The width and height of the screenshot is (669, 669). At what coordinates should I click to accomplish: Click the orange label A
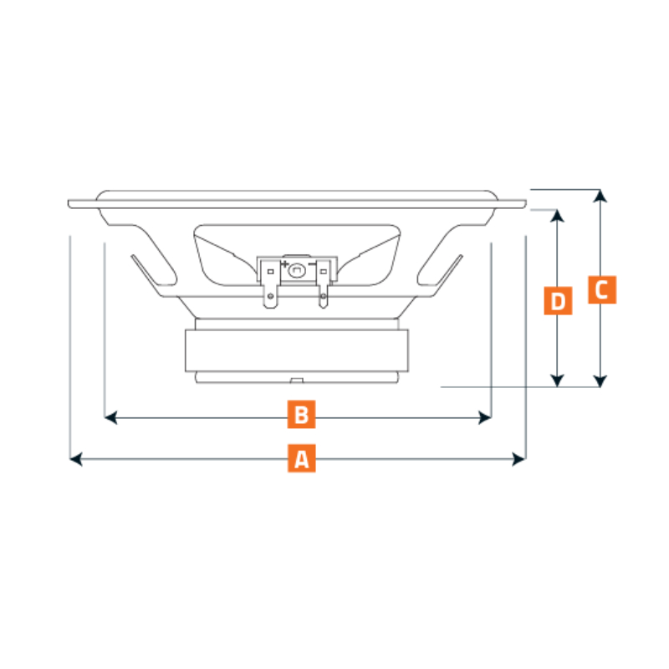coord(302,458)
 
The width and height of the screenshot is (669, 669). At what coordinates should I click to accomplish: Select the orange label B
coord(302,414)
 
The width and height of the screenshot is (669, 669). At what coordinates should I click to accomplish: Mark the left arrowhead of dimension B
coord(109,417)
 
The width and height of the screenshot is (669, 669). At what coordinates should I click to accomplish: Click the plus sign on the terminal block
coord(284,264)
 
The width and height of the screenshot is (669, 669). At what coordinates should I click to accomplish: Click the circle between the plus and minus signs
coord(297,268)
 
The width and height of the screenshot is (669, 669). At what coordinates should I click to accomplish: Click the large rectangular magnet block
coord(297,350)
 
